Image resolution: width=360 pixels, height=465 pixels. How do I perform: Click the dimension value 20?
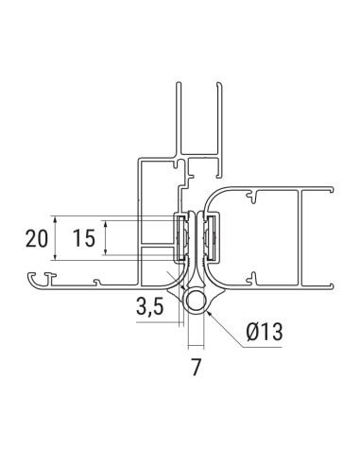[x=37, y=238]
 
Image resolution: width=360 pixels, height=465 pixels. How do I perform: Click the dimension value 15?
[x=83, y=238]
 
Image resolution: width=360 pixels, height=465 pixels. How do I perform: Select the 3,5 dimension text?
[x=151, y=306]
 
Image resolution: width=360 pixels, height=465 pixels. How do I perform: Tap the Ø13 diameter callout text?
[x=264, y=333]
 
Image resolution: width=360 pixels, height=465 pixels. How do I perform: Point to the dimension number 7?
[x=197, y=368]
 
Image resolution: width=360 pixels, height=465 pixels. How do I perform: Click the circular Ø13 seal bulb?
[x=197, y=302]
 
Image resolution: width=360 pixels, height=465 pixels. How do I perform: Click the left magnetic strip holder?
[x=179, y=238]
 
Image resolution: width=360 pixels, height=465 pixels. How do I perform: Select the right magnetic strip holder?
[x=215, y=238]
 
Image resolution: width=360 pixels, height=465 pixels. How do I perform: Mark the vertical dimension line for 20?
[x=57, y=238]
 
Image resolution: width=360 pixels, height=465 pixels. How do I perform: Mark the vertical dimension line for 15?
[x=106, y=238]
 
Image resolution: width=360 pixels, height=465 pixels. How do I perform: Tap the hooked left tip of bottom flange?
[x=34, y=277]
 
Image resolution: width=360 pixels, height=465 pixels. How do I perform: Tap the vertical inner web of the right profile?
[x=300, y=236]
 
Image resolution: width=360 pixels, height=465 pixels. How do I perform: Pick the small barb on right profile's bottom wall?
[x=253, y=275]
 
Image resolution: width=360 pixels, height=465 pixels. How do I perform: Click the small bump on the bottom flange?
[x=96, y=280]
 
